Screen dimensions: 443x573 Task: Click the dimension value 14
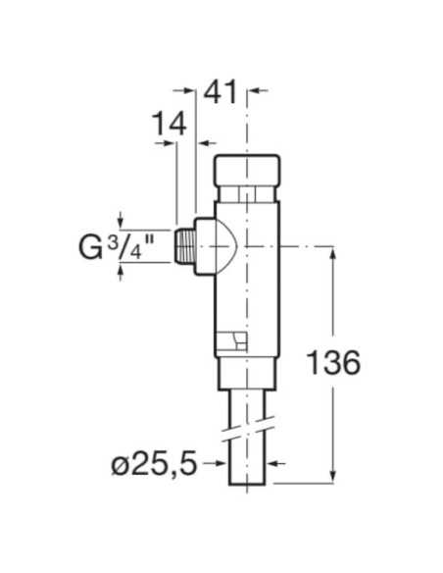[x=169, y=124]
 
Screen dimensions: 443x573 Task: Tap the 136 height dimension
[x=333, y=362]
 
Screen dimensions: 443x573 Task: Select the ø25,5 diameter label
[x=154, y=463]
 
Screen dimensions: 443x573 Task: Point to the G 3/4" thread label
[x=116, y=246]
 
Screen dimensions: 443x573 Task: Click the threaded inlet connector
[x=184, y=246]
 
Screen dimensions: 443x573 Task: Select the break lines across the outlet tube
[x=248, y=429]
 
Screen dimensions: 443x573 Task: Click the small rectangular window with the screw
[x=231, y=339]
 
